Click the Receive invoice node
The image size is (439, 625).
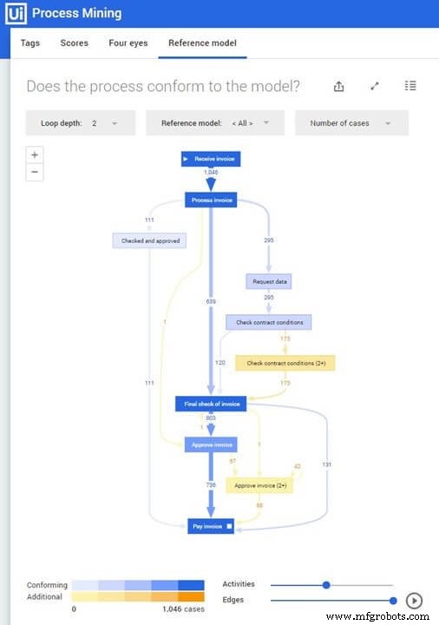211,159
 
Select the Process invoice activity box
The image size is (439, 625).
211,200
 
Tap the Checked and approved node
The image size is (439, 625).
149,240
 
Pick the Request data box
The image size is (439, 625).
271,281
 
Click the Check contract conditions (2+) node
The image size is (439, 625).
285,363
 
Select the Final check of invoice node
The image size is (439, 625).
211,404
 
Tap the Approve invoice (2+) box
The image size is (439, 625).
259,485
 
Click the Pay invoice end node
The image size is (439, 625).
211,526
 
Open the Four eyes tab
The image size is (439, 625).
128,43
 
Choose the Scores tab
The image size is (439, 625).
74,43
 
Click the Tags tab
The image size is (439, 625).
30,43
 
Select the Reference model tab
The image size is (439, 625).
202,43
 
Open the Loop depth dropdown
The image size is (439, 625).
81,123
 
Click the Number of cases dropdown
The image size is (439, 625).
351,123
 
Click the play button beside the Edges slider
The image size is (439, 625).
414,600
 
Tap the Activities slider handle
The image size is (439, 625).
326,585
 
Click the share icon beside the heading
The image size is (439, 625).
338,86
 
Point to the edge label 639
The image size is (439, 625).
211,301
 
